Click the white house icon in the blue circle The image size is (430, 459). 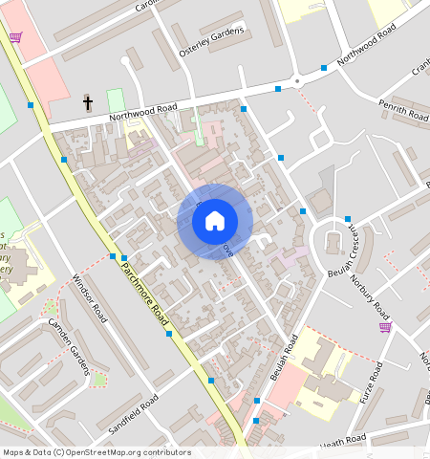pyautogui.click(x=215, y=221)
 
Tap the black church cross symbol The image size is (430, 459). pyautogui.click(x=88, y=101)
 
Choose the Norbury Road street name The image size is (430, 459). pyautogui.click(x=371, y=298)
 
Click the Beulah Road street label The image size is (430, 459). pyautogui.click(x=285, y=358)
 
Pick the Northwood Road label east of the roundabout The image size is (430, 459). pyautogui.click(x=366, y=45)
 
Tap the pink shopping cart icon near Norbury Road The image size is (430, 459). pyautogui.click(x=385, y=327)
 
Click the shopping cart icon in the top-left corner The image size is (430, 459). pyautogui.click(x=15, y=37)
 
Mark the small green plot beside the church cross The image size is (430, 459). pyautogui.click(x=116, y=99)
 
